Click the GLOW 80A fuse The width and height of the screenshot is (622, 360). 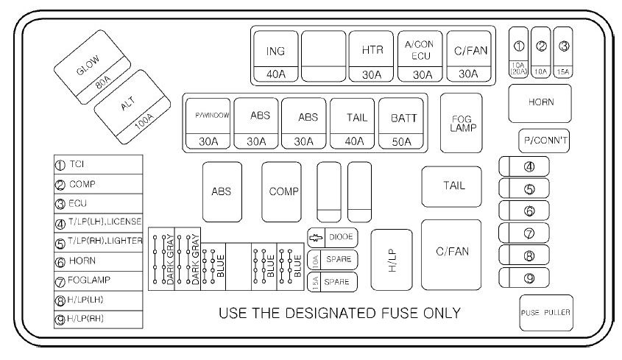92,68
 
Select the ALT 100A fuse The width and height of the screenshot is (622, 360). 132,107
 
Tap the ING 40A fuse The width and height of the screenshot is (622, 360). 276,57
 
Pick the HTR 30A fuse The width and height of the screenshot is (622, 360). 371,57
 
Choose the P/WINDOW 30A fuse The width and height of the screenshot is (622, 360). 208,124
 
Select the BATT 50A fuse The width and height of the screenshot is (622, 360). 401,124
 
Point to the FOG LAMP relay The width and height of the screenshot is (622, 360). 462,123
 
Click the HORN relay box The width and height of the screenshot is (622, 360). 540,103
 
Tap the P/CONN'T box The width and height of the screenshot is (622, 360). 544,141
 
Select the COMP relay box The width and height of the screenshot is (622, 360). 282,191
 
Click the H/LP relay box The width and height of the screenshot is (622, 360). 392,260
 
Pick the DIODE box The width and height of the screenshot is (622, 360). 333,238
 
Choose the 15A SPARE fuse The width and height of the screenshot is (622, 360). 333,282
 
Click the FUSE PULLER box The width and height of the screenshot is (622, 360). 546,313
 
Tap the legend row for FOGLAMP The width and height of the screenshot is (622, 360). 99,281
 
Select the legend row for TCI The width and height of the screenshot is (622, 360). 99,164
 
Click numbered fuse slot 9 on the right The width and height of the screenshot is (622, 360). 524,278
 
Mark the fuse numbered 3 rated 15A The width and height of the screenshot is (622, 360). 563,52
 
